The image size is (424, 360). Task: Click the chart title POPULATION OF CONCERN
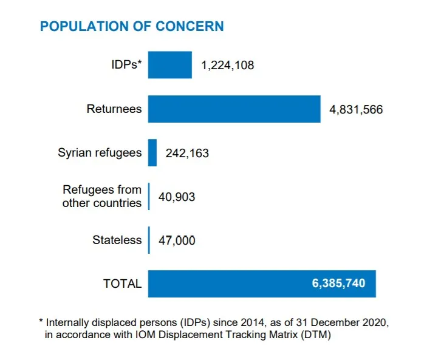point(131,27)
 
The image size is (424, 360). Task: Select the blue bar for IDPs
point(170,65)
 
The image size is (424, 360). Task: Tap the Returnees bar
point(234,109)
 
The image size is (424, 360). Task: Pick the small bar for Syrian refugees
point(152,153)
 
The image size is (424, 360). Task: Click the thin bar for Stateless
point(149,240)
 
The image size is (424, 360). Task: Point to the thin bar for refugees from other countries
point(149,197)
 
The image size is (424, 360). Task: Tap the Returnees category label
point(114,109)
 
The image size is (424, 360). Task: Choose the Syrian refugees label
point(100,153)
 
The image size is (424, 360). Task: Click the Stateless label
point(117,240)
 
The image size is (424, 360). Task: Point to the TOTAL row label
point(122,284)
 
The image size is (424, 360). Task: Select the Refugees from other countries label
point(102,197)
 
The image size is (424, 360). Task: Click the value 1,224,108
point(228,66)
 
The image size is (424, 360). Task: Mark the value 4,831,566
point(356,110)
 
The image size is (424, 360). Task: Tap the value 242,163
point(187,154)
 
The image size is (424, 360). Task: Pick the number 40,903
point(177,197)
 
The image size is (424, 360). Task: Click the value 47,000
point(177,241)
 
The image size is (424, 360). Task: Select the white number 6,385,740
point(339,284)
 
